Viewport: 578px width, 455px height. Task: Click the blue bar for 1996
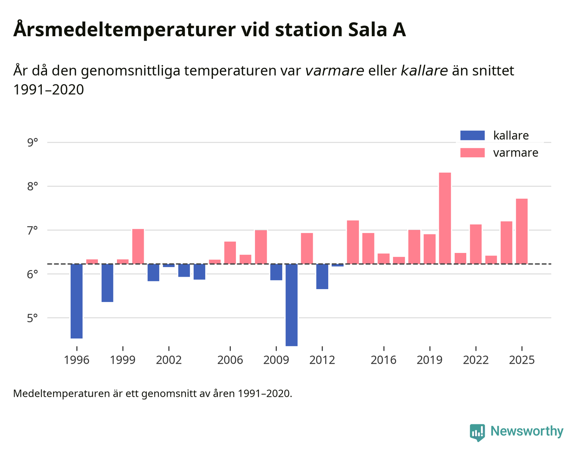pyautogui.click(x=77, y=301)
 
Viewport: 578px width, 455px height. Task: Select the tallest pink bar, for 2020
pyautogui.click(x=445, y=218)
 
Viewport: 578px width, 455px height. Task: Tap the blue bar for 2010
pyautogui.click(x=292, y=305)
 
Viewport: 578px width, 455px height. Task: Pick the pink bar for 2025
pyautogui.click(x=521, y=231)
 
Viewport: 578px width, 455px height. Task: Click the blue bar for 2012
pyautogui.click(x=322, y=276)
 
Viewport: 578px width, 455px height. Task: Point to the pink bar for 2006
pyautogui.click(x=230, y=252)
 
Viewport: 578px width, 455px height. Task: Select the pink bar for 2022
pyautogui.click(x=476, y=244)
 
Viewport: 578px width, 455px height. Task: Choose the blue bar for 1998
pyautogui.click(x=107, y=283)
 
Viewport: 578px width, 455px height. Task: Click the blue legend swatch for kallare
pyautogui.click(x=472, y=135)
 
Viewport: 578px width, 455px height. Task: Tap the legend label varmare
pyautogui.click(x=515, y=153)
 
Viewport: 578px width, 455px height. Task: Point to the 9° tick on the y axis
pyautogui.click(x=32, y=142)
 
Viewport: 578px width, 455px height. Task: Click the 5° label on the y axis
pyautogui.click(x=32, y=318)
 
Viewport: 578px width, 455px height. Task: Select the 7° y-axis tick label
pyautogui.click(x=32, y=230)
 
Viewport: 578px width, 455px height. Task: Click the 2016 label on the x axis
pyautogui.click(x=383, y=360)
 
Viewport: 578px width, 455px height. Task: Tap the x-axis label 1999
pyautogui.click(x=123, y=360)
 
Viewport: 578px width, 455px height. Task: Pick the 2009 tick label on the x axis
pyautogui.click(x=276, y=360)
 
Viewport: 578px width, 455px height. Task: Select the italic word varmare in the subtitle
pyautogui.click(x=334, y=71)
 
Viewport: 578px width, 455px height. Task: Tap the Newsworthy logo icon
pyautogui.click(x=477, y=432)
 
